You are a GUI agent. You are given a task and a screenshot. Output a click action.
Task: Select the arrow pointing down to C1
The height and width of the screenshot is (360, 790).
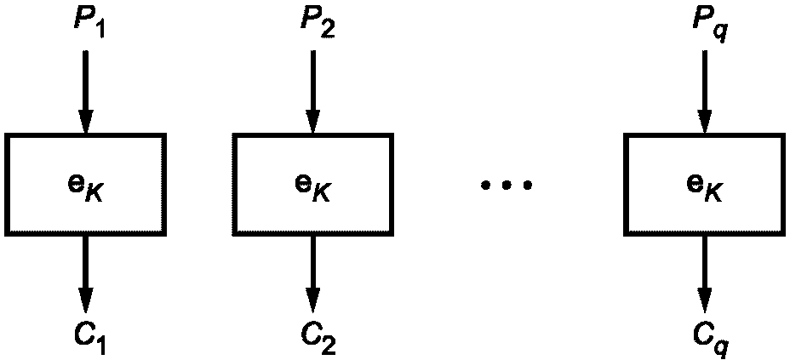tap(84, 272)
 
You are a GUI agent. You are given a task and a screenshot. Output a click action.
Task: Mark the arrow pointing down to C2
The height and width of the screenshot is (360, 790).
tap(312, 272)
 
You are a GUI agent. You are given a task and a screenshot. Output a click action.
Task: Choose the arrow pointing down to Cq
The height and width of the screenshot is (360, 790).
tap(703, 272)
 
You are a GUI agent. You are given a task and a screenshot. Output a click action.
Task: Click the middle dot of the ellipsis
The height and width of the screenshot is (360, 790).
tap(507, 185)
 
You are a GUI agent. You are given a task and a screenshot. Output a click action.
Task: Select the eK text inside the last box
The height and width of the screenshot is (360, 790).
tap(704, 185)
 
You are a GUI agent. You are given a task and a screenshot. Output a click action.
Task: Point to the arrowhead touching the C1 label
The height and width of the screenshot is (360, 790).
tap(84, 300)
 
